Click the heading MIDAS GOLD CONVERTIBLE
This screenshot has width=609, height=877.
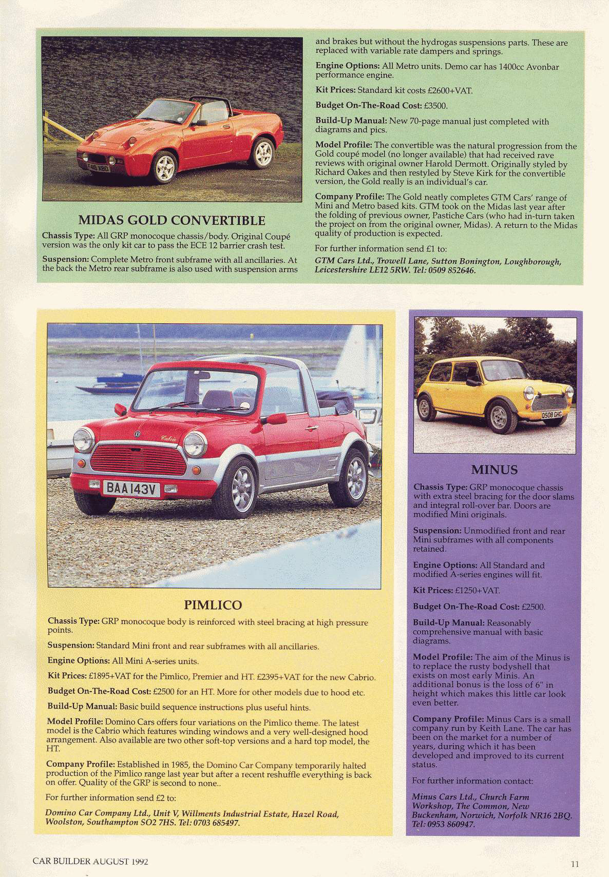coord(172,221)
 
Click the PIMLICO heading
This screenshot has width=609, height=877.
coord(213,605)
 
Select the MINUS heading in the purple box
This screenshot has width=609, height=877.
coord(494,470)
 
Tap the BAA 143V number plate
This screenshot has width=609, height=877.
coord(130,489)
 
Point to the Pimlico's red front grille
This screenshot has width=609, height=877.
coord(138,460)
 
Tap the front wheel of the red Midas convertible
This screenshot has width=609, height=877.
coord(164,167)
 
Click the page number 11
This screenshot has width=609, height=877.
coord(575,864)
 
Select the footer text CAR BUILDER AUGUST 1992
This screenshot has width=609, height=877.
coord(90,861)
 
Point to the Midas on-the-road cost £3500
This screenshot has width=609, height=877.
coord(435,106)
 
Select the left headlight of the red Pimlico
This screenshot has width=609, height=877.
coord(84,440)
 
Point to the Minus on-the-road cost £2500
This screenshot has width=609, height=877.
coord(532,607)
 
